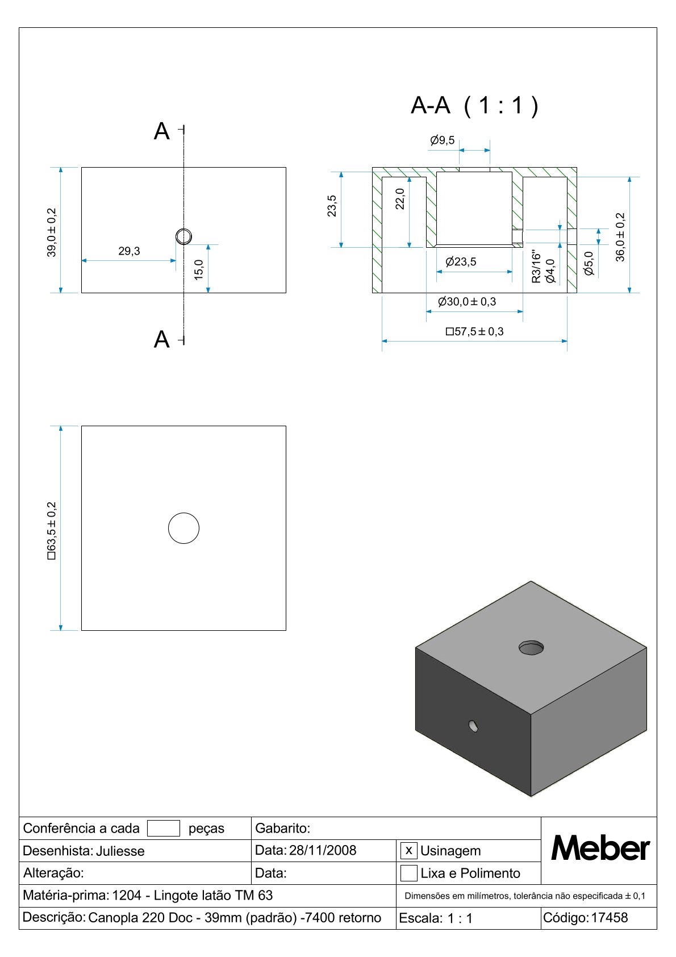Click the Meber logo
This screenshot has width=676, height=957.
tap(600, 848)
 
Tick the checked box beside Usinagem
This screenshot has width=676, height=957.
tap(408, 851)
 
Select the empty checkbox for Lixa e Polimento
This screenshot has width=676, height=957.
tap(408, 873)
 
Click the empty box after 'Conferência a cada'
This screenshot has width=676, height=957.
tap(163, 829)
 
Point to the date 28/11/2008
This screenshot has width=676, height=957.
tap(323, 850)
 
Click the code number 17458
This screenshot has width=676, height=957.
tap(610, 917)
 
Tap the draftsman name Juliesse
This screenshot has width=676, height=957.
tap(120, 851)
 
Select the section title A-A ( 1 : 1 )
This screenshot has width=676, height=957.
tap(474, 105)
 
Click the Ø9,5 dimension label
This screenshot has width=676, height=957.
tap(442, 140)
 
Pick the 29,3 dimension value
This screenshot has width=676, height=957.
tap(129, 251)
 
